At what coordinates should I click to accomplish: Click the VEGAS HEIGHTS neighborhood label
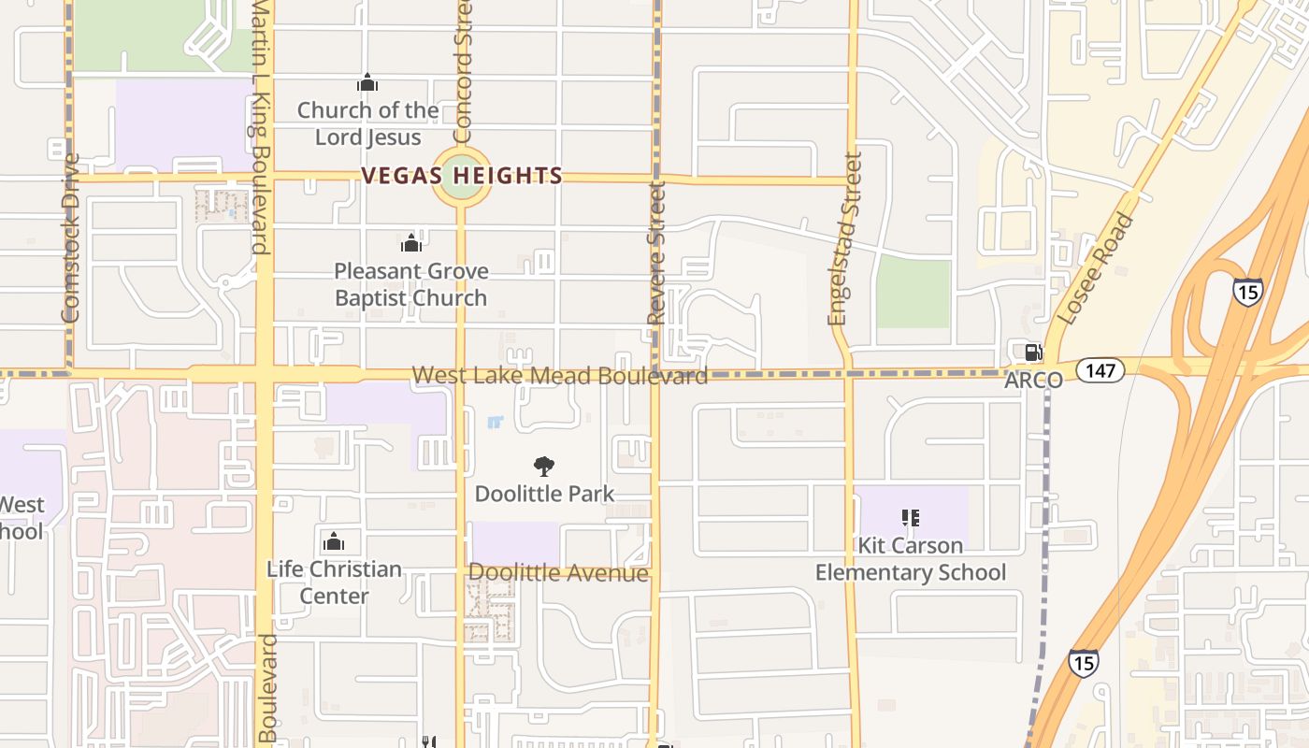point(462,176)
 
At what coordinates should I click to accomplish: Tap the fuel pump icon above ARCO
point(1033,352)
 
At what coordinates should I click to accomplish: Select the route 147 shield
point(1100,370)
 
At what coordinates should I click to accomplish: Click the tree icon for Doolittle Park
point(543,467)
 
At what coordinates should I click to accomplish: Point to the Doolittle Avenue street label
point(558,573)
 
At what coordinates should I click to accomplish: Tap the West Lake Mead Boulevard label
point(559,376)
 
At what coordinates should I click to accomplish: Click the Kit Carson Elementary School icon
point(911,517)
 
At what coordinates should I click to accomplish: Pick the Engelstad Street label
point(843,239)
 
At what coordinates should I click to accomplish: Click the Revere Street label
point(656,253)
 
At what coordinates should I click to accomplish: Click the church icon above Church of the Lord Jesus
point(367,83)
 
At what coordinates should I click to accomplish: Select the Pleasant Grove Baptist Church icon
point(410,244)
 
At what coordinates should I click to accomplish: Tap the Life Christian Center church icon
point(334,541)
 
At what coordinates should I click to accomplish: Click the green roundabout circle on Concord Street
point(462,176)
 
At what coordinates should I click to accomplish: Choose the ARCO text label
point(1033,381)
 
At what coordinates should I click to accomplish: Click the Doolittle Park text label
point(544,494)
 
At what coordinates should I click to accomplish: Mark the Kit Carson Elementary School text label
point(911,558)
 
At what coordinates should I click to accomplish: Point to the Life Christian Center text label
point(334,582)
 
